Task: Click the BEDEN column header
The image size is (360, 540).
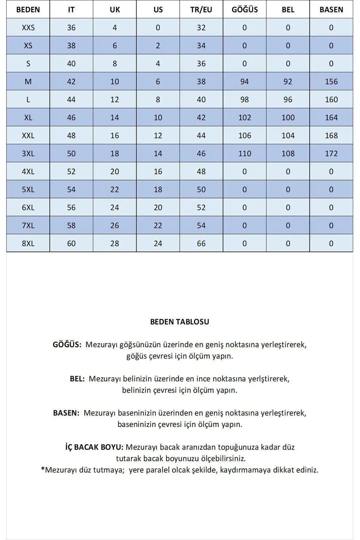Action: [x=28, y=10]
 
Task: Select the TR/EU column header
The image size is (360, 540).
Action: [x=201, y=10]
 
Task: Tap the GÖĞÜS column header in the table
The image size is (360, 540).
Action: [x=244, y=10]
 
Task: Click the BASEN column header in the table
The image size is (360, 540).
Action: [x=331, y=10]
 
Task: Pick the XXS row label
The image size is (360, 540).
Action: [x=28, y=28]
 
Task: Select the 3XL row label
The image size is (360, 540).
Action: [x=28, y=154]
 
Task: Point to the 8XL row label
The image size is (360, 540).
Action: [x=28, y=243]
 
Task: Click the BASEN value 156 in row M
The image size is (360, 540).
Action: [x=331, y=82]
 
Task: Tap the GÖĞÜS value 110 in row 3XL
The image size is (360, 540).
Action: [x=244, y=154]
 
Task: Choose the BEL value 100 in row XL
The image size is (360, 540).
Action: [x=288, y=118]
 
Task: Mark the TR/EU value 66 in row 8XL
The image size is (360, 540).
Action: [x=201, y=243]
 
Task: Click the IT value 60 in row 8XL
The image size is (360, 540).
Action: [x=71, y=243]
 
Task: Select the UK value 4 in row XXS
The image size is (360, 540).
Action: [x=115, y=28]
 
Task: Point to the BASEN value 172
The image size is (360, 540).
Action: [x=331, y=154]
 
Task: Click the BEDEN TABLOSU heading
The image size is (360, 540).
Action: [x=179, y=322]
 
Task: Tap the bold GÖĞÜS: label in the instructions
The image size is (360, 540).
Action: [x=67, y=344]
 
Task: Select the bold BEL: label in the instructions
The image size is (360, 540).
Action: [x=77, y=379]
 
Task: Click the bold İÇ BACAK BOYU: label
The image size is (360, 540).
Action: [x=94, y=447]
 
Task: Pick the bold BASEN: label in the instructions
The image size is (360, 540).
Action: [x=66, y=413]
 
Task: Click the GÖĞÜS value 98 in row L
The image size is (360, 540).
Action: [x=244, y=100]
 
